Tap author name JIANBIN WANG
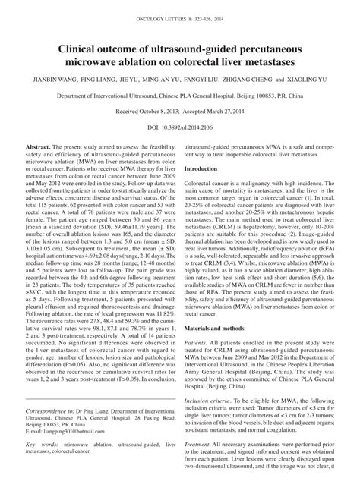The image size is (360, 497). [x=56, y=78]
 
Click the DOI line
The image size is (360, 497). [x=180, y=128]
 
